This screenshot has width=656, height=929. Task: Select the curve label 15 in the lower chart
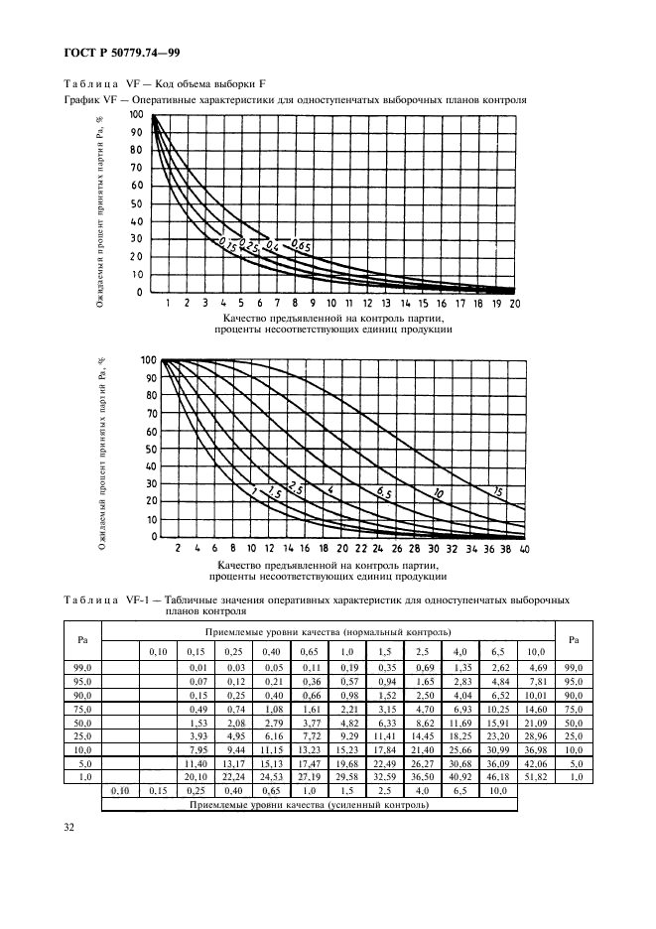(x=497, y=489)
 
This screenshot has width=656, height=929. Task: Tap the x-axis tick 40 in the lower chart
(x=524, y=548)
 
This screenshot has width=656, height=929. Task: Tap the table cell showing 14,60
(x=535, y=710)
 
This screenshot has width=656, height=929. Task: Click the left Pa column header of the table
(x=83, y=639)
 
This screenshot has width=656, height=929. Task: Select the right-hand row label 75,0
(x=573, y=710)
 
